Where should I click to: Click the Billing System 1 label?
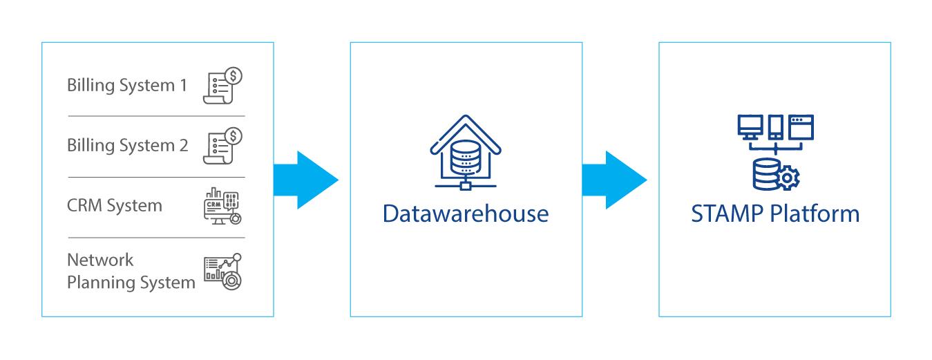(127, 86)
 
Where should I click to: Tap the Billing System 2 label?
(128, 146)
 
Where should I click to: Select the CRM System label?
(115, 206)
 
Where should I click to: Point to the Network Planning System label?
(131, 272)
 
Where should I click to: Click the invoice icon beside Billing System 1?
(222, 86)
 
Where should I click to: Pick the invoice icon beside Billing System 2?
(222, 146)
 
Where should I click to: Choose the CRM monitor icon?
(222, 206)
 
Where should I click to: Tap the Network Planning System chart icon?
(222, 272)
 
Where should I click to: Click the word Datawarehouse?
(466, 214)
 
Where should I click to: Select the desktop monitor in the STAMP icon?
(750, 126)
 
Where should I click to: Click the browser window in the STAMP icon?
(801, 126)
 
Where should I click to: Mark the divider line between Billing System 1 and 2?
(157, 116)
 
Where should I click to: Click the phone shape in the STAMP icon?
(776, 127)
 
